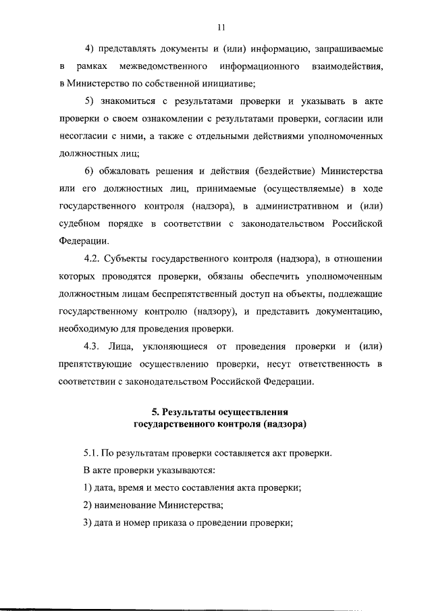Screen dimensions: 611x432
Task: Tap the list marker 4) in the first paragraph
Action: [88, 49]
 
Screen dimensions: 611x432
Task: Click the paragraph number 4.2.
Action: [92, 259]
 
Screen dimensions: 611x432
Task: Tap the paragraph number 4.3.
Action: [92, 347]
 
